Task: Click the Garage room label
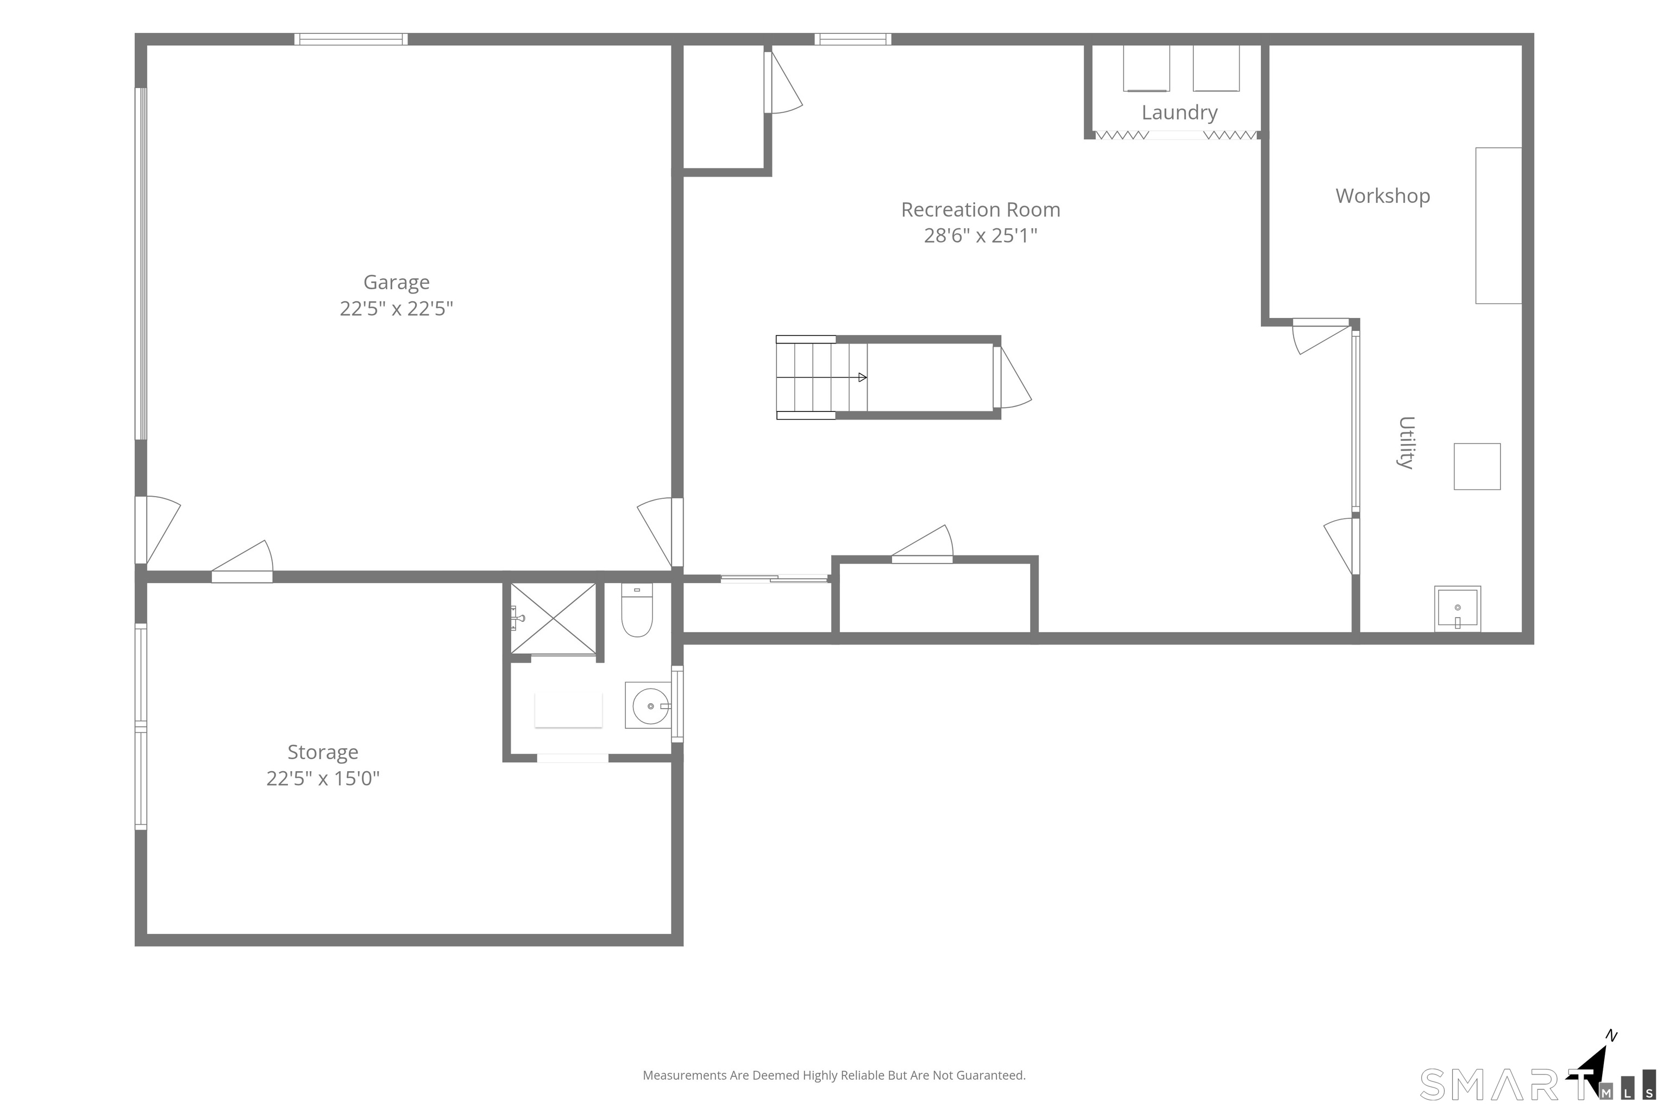click(x=396, y=283)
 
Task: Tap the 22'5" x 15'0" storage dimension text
click(x=323, y=779)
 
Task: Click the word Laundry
click(x=1179, y=112)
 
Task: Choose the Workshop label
click(x=1382, y=196)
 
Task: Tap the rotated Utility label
click(x=1406, y=442)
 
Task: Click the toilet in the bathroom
click(x=637, y=610)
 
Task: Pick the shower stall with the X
click(x=554, y=618)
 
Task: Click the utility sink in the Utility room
click(x=1458, y=608)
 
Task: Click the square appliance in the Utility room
click(x=1477, y=466)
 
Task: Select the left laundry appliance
click(x=1146, y=68)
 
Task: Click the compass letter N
click(x=1611, y=1036)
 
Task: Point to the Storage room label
click(x=323, y=752)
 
